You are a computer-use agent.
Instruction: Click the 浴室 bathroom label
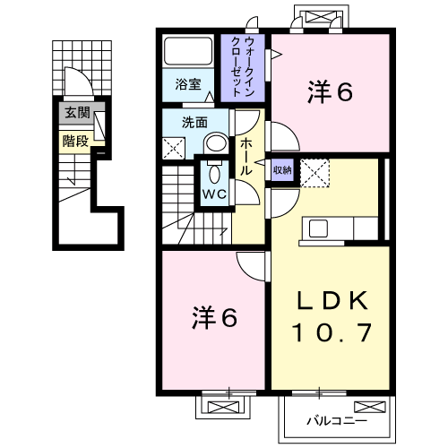[188, 84]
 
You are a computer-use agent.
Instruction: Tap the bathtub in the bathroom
[188, 51]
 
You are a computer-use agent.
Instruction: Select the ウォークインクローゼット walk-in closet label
[243, 66]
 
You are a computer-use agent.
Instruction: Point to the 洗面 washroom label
[194, 123]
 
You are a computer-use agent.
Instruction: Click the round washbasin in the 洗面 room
[217, 143]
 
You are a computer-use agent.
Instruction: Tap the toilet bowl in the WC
[214, 174]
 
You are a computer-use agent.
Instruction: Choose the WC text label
[214, 194]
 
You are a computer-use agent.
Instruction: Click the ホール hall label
[246, 156]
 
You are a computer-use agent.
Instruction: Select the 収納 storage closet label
[282, 170]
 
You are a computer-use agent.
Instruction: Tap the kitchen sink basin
[318, 228]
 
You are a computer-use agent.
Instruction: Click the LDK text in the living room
[332, 300]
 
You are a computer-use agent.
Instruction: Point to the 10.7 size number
[332, 332]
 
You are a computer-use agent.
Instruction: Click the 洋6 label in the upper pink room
[330, 91]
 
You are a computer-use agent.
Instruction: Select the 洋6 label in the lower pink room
[214, 317]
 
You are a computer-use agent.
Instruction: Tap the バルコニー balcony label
[337, 421]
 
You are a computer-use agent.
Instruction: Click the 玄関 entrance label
[77, 113]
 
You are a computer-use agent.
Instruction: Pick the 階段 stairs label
[75, 141]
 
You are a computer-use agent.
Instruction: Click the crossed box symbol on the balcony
[370, 407]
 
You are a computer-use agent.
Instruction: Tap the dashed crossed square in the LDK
[314, 173]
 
